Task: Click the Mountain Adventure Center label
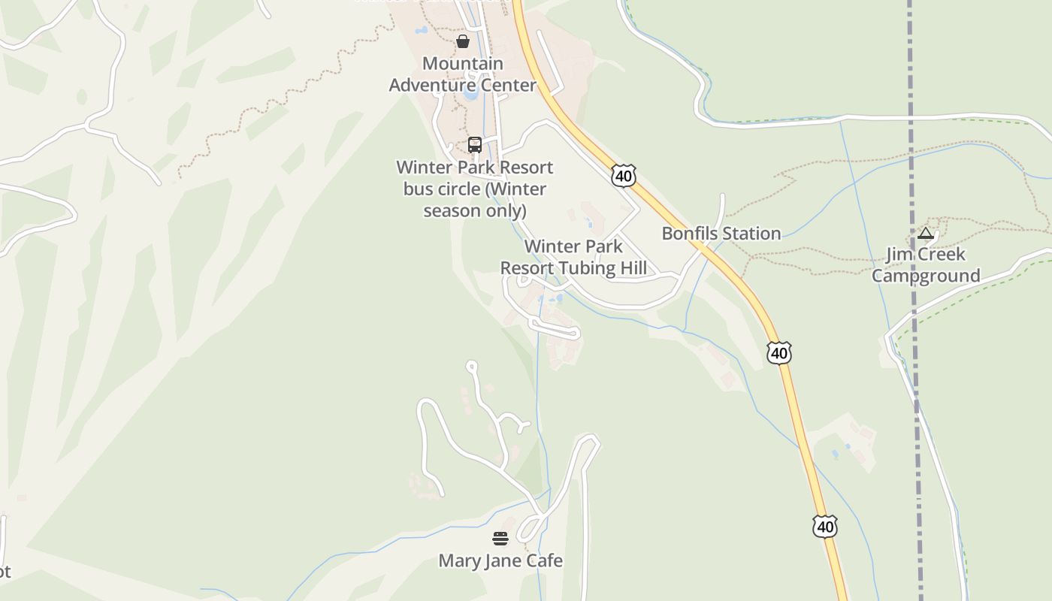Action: (462, 74)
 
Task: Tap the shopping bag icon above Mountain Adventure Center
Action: (463, 41)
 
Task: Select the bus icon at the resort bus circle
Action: (475, 145)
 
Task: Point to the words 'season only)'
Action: (474, 210)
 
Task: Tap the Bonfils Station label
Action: (721, 234)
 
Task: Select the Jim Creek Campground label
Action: (926, 265)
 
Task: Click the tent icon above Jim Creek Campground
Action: (926, 234)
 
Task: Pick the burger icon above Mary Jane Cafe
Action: (500, 538)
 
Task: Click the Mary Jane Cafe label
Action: (500, 561)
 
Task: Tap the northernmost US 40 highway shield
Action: (623, 176)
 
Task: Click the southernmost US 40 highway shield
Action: (825, 527)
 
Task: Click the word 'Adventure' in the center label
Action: (431, 86)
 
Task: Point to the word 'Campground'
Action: (926, 276)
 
